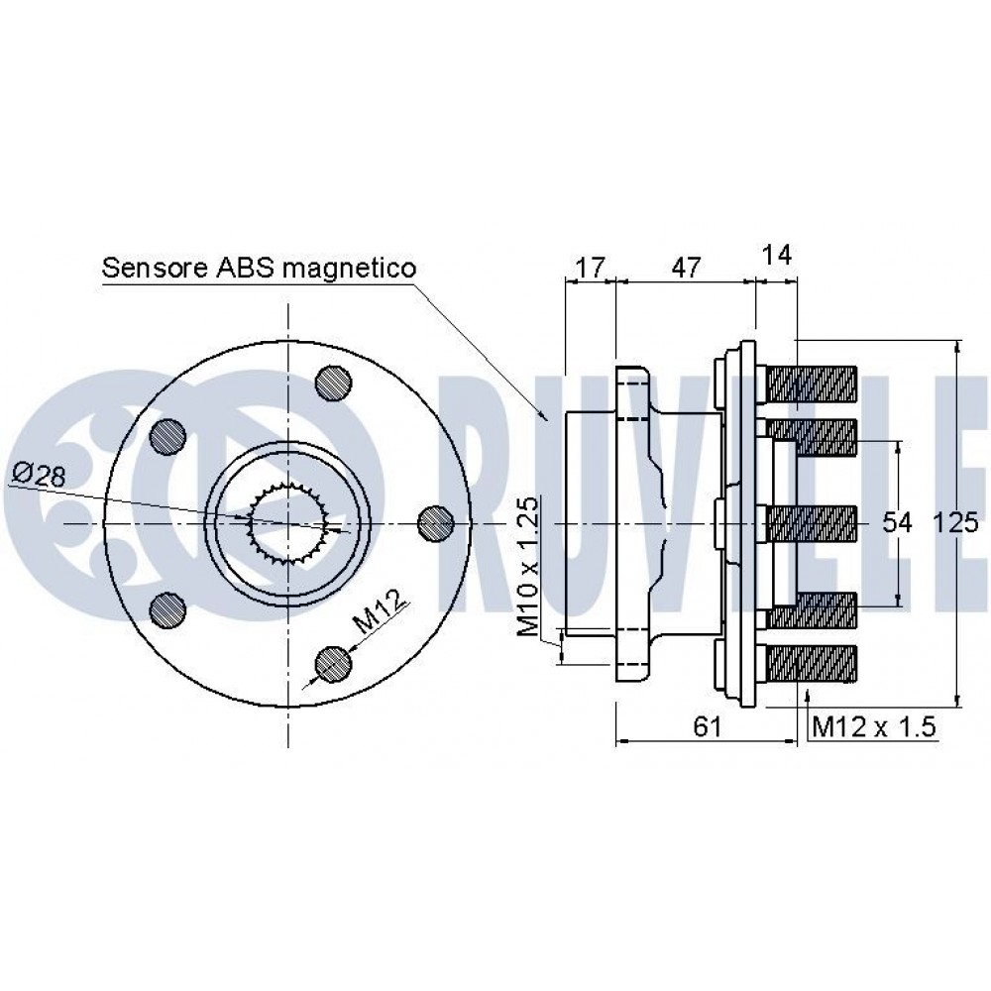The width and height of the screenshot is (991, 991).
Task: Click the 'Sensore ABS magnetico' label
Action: tap(259, 268)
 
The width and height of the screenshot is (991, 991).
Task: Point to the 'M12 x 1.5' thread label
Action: tap(873, 726)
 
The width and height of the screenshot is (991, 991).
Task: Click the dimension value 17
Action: tap(591, 268)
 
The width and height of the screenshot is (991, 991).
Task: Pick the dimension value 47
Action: tap(686, 268)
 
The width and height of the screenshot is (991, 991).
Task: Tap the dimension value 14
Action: tap(777, 255)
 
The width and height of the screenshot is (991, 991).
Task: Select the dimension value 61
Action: tap(708, 726)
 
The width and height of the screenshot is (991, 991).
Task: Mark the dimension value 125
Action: tap(955, 522)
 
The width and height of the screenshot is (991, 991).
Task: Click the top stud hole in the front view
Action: tap(333, 383)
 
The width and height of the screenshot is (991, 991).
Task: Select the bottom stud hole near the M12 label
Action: tap(333, 664)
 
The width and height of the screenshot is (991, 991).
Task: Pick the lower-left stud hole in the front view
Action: tap(168, 609)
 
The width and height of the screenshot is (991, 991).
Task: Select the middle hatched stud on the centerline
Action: tap(812, 523)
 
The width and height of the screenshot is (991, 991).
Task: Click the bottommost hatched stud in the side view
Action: tap(812, 663)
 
